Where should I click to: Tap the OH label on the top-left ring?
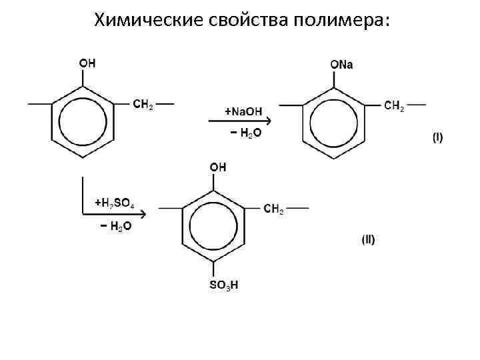pos(87,63)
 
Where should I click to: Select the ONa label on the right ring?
pos(342,64)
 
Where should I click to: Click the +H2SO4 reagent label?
pos(115,201)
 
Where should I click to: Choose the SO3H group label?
pos(224,286)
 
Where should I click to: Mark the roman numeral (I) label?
pos(437,138)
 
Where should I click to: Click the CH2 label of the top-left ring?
pos(143,105)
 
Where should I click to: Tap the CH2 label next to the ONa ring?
pos(394,105)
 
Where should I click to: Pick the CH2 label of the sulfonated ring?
pos(274,209)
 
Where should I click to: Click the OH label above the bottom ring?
pos(218,167)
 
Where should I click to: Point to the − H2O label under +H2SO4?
pos(115,227)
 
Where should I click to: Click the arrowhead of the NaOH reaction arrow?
pos(266,121)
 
